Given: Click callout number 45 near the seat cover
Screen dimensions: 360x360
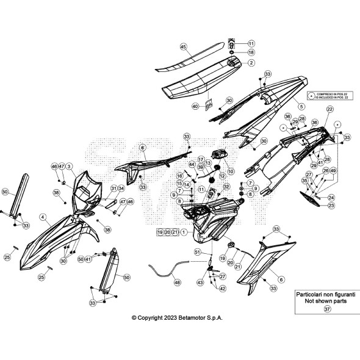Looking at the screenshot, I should click(183, 46).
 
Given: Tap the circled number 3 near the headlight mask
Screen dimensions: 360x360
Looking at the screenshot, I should click(70, 166).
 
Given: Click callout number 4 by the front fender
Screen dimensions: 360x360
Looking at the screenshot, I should click(43, 217).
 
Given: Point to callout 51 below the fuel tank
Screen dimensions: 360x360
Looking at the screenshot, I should click(197, 252).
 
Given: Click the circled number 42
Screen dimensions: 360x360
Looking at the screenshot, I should click(222, 289).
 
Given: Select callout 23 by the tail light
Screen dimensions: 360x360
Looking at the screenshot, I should click(331, 206).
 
